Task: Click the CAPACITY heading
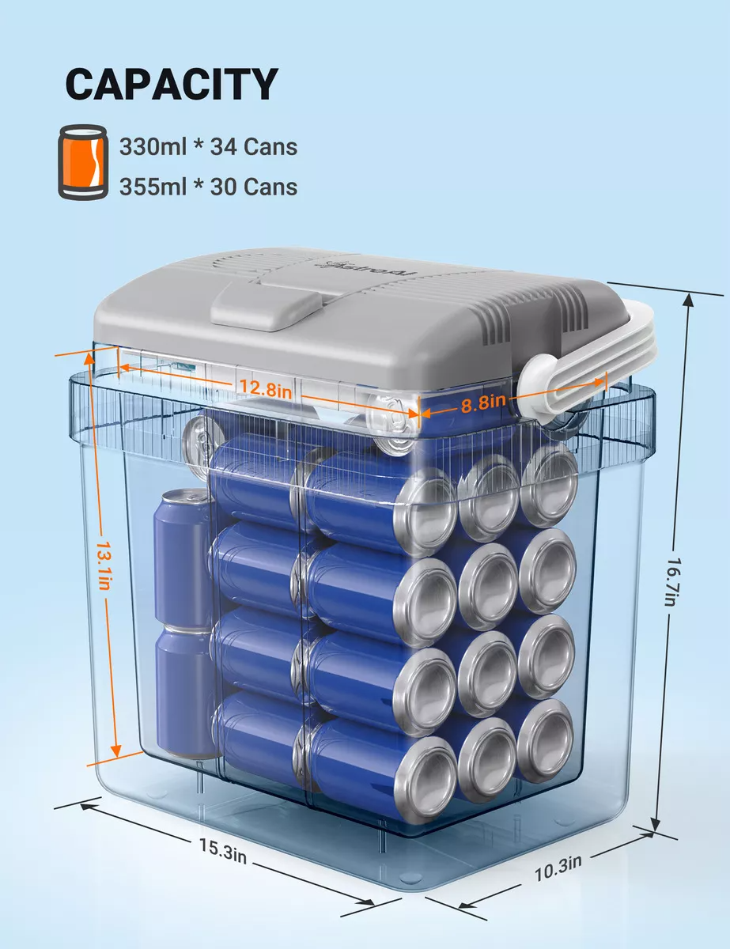click(x=172, y=85)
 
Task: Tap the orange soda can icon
click(x=83, y=162)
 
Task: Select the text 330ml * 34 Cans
click(x=208, y=146)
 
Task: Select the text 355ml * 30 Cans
click(x=208, y=187)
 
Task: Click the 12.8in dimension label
click(x=266, y=388)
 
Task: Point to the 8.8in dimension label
click(x=483, y=403)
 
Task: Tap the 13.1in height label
click(x=104, y=566)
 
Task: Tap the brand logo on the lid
click(x=371, y=269)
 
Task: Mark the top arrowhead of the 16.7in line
click(x=689, y=299)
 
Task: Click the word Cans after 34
click(x=270, y=147)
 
